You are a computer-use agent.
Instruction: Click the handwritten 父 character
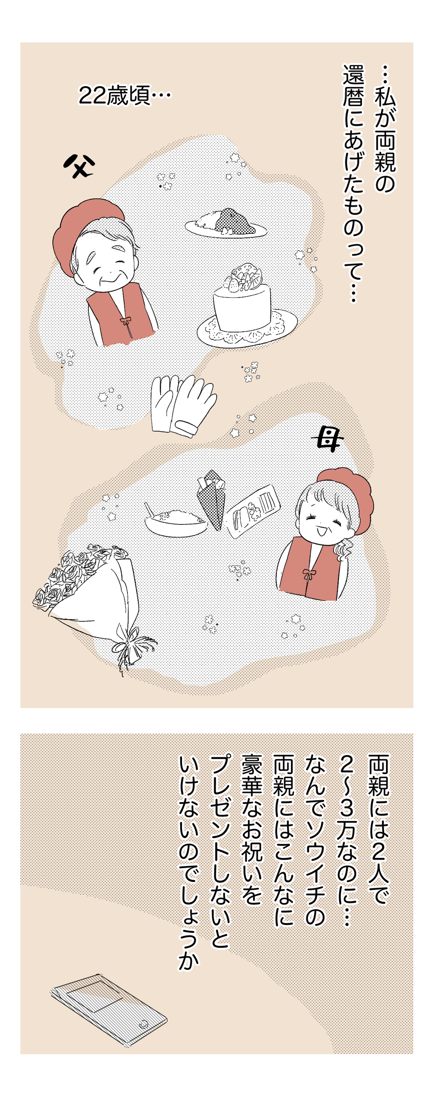[x=80, y=167]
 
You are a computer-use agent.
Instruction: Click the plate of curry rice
[x=226, y=223]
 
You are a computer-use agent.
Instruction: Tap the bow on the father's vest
[x=125, y=321]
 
